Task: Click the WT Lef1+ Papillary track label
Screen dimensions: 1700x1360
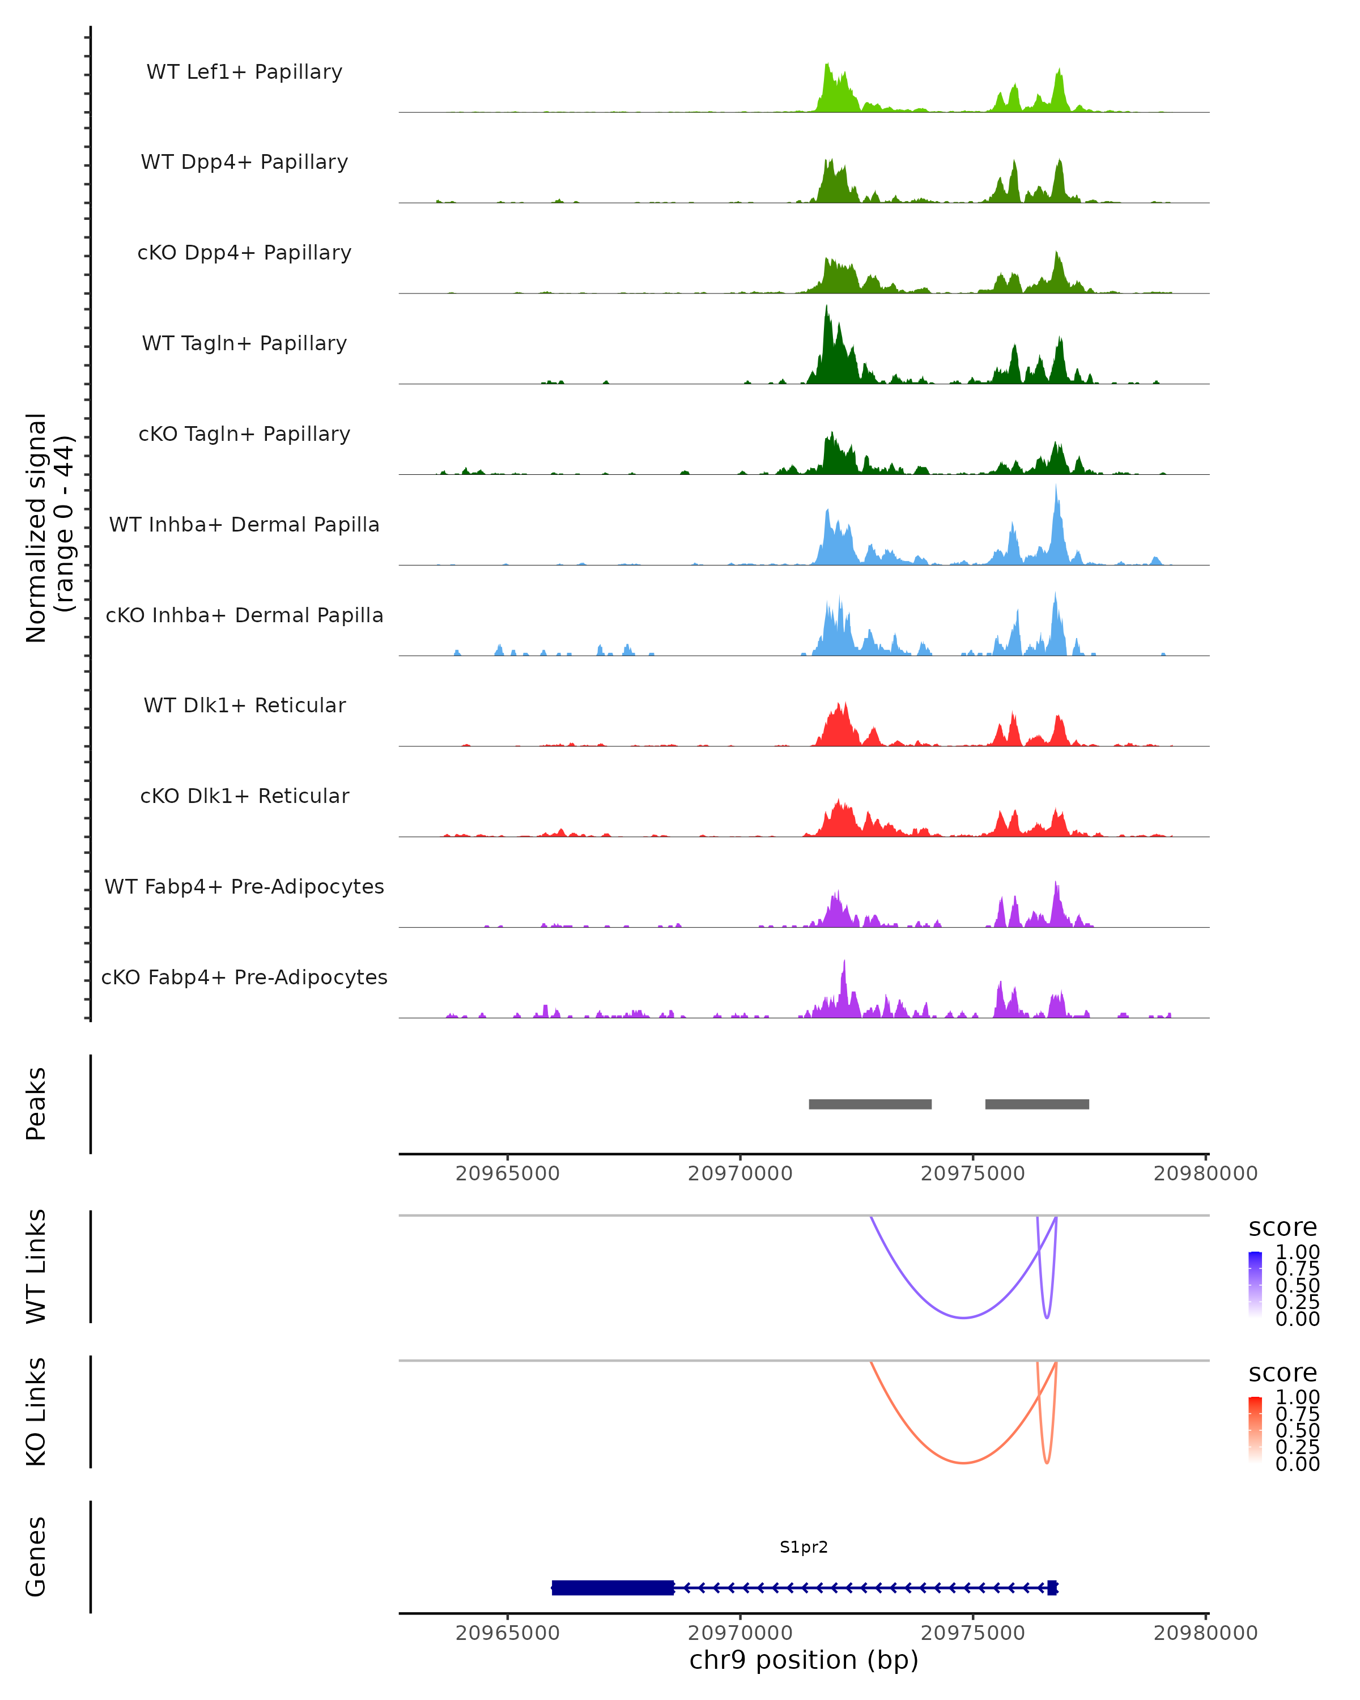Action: [x=244, y=72]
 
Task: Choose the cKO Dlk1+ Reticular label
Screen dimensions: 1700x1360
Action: [x=244, y=796]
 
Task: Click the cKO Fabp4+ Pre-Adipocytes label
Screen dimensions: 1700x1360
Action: [x=244, y=977]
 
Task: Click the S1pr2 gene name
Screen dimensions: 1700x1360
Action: [x=804, y=1546]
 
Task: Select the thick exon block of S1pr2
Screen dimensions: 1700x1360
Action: [x=613, y=1587]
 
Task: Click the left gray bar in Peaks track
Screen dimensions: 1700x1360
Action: [x=870, y=1104]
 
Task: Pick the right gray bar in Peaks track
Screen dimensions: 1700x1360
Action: [x=1037, y=1104]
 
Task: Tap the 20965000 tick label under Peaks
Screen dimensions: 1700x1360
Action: [x=507, y=1174]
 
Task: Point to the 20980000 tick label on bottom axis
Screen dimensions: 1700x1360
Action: [x=1205, y=1632]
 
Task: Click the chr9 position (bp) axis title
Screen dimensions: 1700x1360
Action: [x=804, y=1660]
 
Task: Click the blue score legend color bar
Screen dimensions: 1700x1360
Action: [x=1255, y=1283]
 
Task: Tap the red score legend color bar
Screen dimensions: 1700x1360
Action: [x=1255, y=1429]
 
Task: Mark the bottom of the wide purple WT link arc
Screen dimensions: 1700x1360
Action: [x=963, y=1317]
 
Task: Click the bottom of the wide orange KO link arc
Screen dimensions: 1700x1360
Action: [x=963, y=1463]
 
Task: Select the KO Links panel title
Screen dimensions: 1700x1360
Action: [x=36, y=1412]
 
